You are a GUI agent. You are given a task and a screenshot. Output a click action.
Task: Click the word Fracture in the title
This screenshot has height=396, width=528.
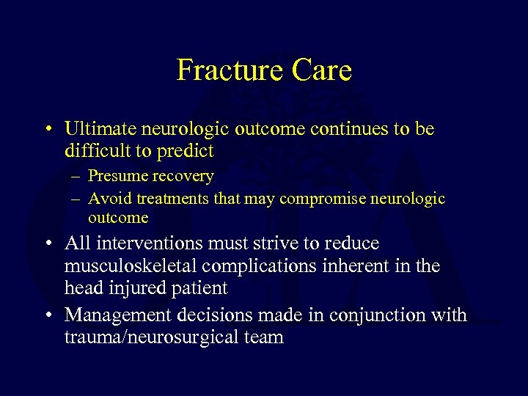pos(230,70)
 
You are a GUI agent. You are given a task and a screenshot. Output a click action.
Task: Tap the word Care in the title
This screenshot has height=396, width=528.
pos(322,70)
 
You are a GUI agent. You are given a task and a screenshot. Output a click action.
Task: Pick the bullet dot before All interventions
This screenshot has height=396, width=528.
pos(48,243)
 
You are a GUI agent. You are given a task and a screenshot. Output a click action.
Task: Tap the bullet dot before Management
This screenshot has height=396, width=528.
pos(48,315)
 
